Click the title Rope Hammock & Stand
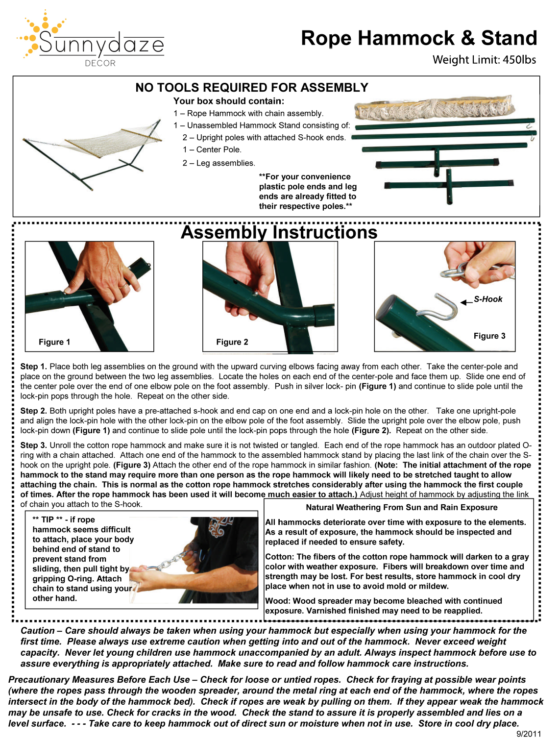click(419, 38)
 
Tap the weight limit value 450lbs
click(519, 60)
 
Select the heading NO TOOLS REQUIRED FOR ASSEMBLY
click(252, 88)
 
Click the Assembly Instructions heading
click(279, 232)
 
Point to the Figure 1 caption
click(54, 342)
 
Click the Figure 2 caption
click(232, 342)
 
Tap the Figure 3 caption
click(489, 336)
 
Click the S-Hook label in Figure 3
click(488, 299)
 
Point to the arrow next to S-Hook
click(466, 302)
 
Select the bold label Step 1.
click(34, 367)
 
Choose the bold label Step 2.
click(34, 411)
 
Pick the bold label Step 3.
click(34, 445)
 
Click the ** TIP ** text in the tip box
click(48, 520)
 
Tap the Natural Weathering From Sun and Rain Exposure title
click(401, 508)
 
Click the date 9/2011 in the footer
click(529, 734)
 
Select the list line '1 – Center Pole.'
click(212, 150)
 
